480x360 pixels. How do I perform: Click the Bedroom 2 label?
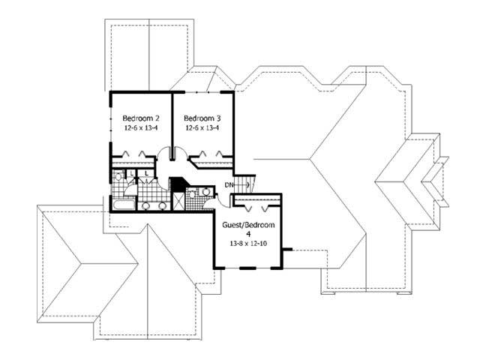[x=141, y=118]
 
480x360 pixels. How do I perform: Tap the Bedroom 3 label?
[x=202, y=118]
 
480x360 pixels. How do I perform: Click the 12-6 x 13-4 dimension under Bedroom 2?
[x=141, y=127]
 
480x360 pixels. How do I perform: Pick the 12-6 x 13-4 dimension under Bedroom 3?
[x=202, y=127]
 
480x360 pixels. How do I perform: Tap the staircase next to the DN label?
[x=245, y=184]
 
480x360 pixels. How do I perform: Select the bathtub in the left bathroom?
[x=122, y=203]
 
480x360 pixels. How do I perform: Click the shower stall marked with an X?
[x=179, y=202]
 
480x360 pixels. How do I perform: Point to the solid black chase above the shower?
[x=178, y=184]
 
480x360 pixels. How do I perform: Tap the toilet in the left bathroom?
[x=117, y=177]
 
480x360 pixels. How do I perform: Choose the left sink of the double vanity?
[x=147, y=205]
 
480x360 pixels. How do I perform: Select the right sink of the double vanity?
[x=162, y=205]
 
